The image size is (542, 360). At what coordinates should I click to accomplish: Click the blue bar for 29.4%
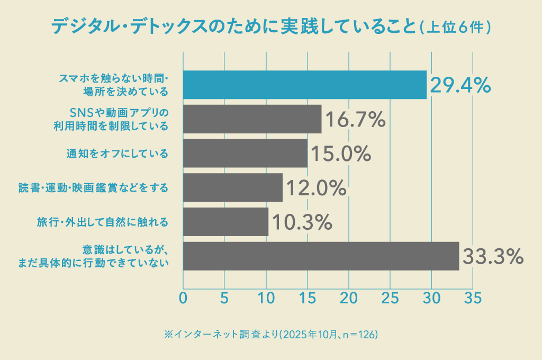[x=304, y=85]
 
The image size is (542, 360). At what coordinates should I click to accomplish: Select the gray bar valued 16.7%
[x=252, y=119]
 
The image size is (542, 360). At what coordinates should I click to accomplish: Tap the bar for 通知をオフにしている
[x=245, y=154]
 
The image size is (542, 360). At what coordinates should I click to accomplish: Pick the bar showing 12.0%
[x=232, y=187]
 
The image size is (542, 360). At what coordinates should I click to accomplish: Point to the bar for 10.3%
[x=225, y=222]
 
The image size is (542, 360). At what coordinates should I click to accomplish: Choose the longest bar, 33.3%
[x=321, y=256]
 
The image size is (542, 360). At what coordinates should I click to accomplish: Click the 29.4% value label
[x=460, y=85]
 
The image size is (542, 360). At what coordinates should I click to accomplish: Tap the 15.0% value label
[x=340, y=154]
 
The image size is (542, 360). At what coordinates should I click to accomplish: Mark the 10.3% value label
[x=301, y=222]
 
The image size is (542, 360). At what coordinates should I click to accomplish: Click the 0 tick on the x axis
[x=183, y=298]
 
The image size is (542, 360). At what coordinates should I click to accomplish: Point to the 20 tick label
[x=349, y=298]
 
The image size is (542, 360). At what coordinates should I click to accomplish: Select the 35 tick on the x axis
[x=473, y=298]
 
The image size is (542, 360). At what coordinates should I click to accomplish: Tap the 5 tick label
[x=224, y=298]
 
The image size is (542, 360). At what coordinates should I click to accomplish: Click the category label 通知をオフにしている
[x=117, y=154]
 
